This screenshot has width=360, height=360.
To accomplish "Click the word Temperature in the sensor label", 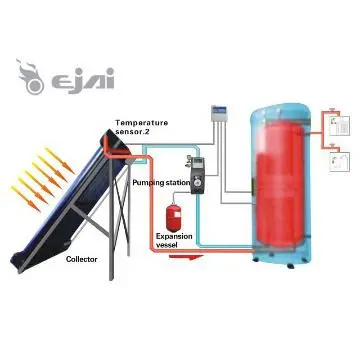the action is [140, 121].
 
